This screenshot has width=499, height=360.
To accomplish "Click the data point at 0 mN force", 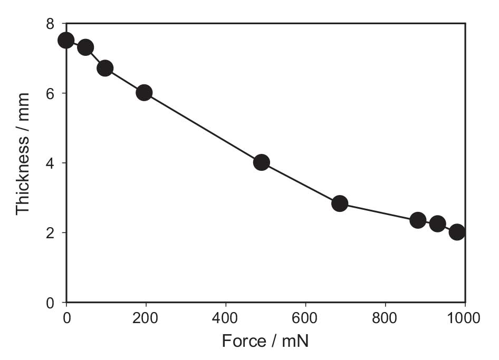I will [66, 40].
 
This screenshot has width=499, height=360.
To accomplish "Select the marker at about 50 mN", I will [85, 47].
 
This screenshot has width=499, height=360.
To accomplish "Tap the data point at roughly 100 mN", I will [105, 68].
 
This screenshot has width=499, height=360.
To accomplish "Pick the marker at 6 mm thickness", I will [144, 93].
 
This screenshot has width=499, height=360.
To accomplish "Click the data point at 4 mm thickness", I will [261, 162].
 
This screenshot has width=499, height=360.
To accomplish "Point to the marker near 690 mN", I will [340, 203].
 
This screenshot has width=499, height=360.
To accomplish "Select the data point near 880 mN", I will [418, 220].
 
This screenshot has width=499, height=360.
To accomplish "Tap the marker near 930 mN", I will [437, 223].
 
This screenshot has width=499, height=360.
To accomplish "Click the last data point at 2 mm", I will [457, 232].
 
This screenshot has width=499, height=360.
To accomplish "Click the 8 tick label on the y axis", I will [51, 24].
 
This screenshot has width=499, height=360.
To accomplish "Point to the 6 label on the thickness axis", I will [51, 93].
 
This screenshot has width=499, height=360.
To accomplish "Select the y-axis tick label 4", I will [51, 163].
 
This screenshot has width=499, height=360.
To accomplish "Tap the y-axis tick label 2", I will [51, 232].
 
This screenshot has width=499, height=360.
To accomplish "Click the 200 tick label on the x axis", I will [146, 318].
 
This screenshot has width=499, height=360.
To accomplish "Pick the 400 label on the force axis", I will [226, 318].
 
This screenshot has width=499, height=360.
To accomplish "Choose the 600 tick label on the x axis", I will [305, 318].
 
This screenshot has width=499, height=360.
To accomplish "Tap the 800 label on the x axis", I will [385, 318].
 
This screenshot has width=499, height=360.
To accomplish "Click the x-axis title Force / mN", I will [265, 341].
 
